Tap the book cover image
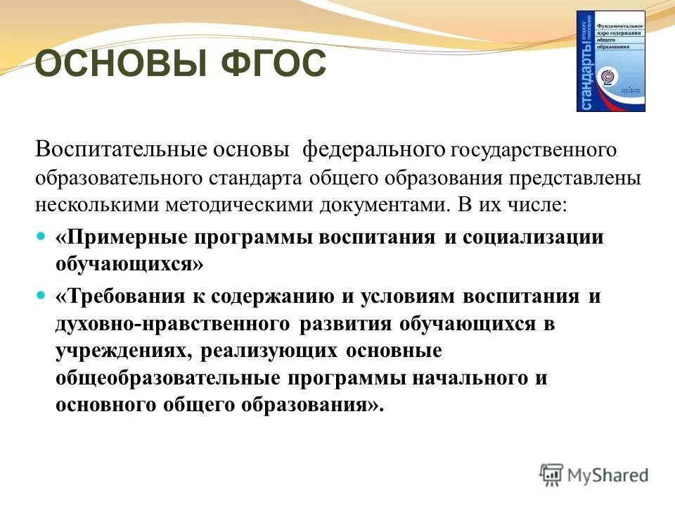point(610,61)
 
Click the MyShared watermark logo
point(594,475)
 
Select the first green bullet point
point(40,237)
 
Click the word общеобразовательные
point(169,377)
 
